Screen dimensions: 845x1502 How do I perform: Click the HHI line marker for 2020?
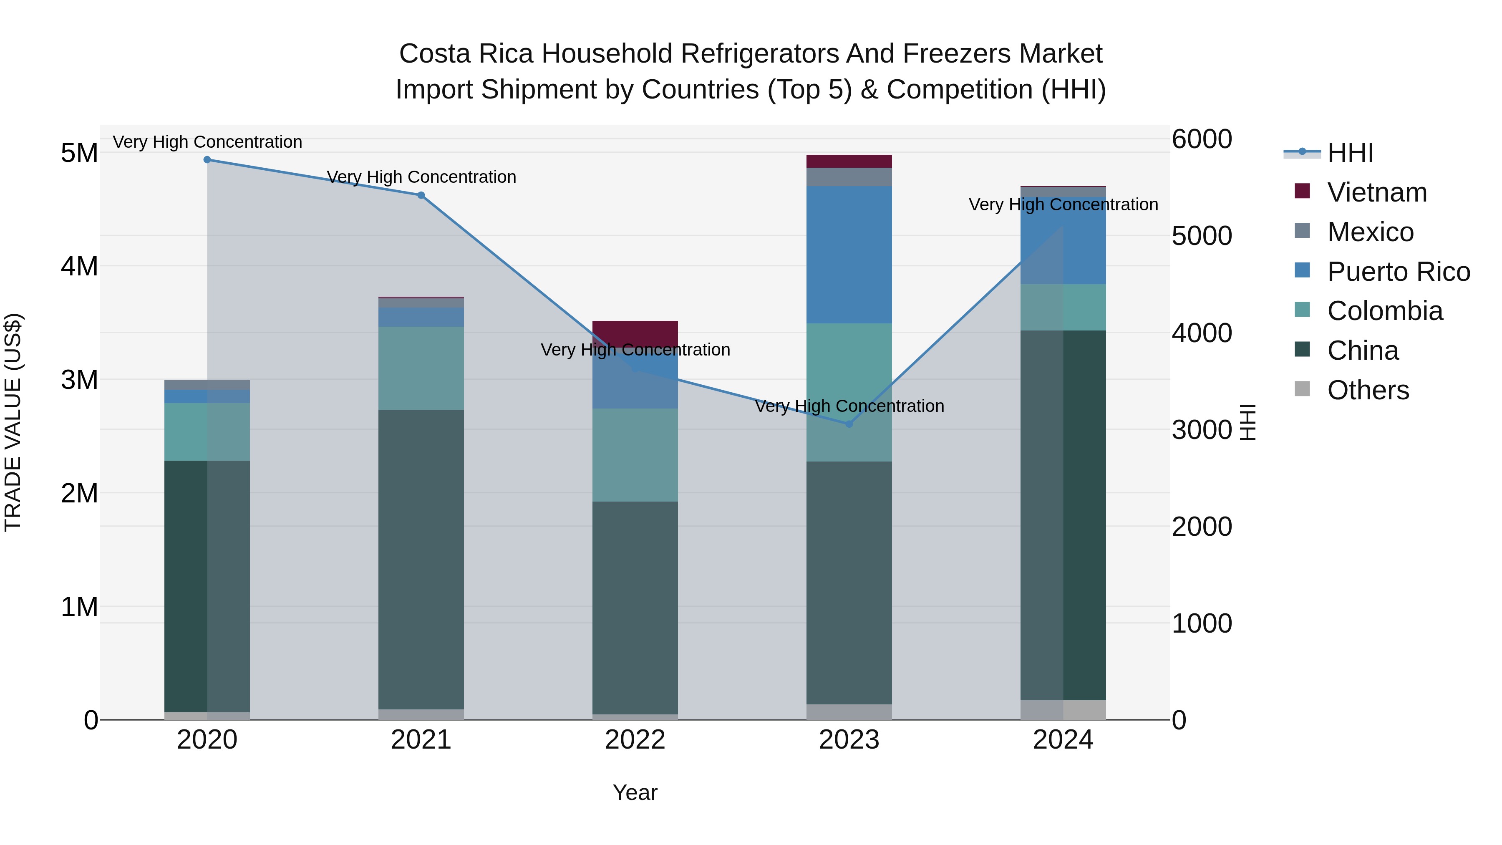click(207, 159)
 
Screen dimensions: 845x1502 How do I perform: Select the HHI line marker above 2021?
click(421, 195)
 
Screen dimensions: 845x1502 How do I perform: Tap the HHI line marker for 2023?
click(849, 424)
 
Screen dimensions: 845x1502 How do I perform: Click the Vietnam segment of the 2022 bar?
click(635, 333)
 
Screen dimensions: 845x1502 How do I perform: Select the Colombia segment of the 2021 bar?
click(421, 368)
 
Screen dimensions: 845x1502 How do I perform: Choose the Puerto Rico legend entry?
click(1398, 272)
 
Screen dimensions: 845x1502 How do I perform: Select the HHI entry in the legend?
click(1350, 153)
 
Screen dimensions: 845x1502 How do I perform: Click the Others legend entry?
click(1367, 390)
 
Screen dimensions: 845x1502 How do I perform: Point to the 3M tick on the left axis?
click(80, 380)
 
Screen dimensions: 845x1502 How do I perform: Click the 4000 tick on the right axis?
click(1201, 333)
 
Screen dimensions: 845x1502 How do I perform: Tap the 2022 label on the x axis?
click(635, 740)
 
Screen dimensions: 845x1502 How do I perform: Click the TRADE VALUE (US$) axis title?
click(13, 422)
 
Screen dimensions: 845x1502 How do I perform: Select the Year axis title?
click(635, 792)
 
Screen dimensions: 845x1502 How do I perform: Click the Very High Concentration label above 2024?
click(1063, 205)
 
